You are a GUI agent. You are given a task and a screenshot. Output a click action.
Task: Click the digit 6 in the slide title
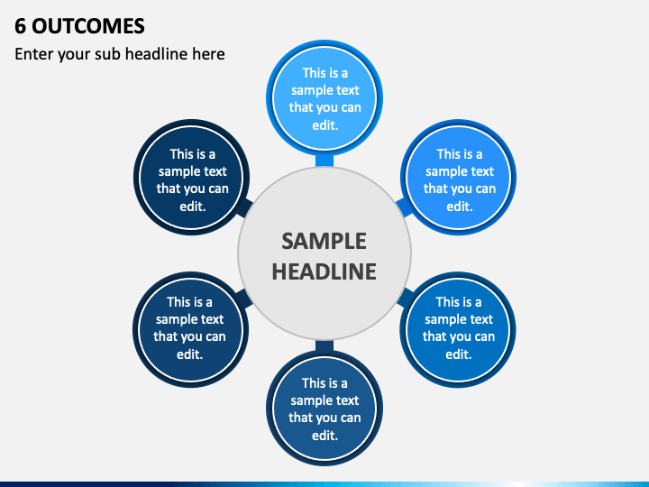pyautogui.click(x=20, y=26)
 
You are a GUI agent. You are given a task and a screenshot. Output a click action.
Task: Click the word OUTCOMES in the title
pyautogui.click(x=88, y=26)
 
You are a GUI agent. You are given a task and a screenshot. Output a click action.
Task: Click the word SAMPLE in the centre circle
pyautogui.click(x=324, y=241)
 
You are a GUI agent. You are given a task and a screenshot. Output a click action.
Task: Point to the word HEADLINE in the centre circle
pyautogui.click(x=324, y=271)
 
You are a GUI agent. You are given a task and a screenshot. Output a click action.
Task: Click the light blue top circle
pyautogui.click(x=324, y=97)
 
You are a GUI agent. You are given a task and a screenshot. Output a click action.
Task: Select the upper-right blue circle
pyautogui.click(x=458, y=178)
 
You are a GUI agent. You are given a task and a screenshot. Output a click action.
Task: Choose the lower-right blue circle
pyautogui.click(x=458, y=330)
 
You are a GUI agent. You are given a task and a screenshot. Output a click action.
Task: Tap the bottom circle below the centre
pyautogui.click(x=324, y=409)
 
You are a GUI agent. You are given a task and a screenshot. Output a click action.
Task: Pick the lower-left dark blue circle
pyautogui.click(x=191, y=330)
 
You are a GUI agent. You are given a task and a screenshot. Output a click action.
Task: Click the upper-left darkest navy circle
pyautogui.click(x=192, y=178)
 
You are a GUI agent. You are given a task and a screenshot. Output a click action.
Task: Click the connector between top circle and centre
pyautogui.click(x=324, y=161)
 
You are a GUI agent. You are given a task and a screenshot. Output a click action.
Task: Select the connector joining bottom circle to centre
pyautogui.click(x=324, y=346)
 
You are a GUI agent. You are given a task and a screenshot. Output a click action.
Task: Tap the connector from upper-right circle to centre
pyautogui.click(x=405, y=207)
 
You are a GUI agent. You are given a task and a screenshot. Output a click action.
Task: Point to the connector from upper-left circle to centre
pyautogui.click(x=244, y=207)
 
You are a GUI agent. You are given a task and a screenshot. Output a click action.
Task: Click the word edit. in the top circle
pyautogui.click(x=325, y=125)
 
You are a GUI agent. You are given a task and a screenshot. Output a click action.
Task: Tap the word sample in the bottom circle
pyautogui.click(x=306, y=400)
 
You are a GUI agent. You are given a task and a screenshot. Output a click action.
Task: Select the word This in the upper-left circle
pyautogui.click(x=182, y=154)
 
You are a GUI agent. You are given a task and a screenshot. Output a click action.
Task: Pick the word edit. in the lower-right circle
pyautogui.click(x=459, y=354)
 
